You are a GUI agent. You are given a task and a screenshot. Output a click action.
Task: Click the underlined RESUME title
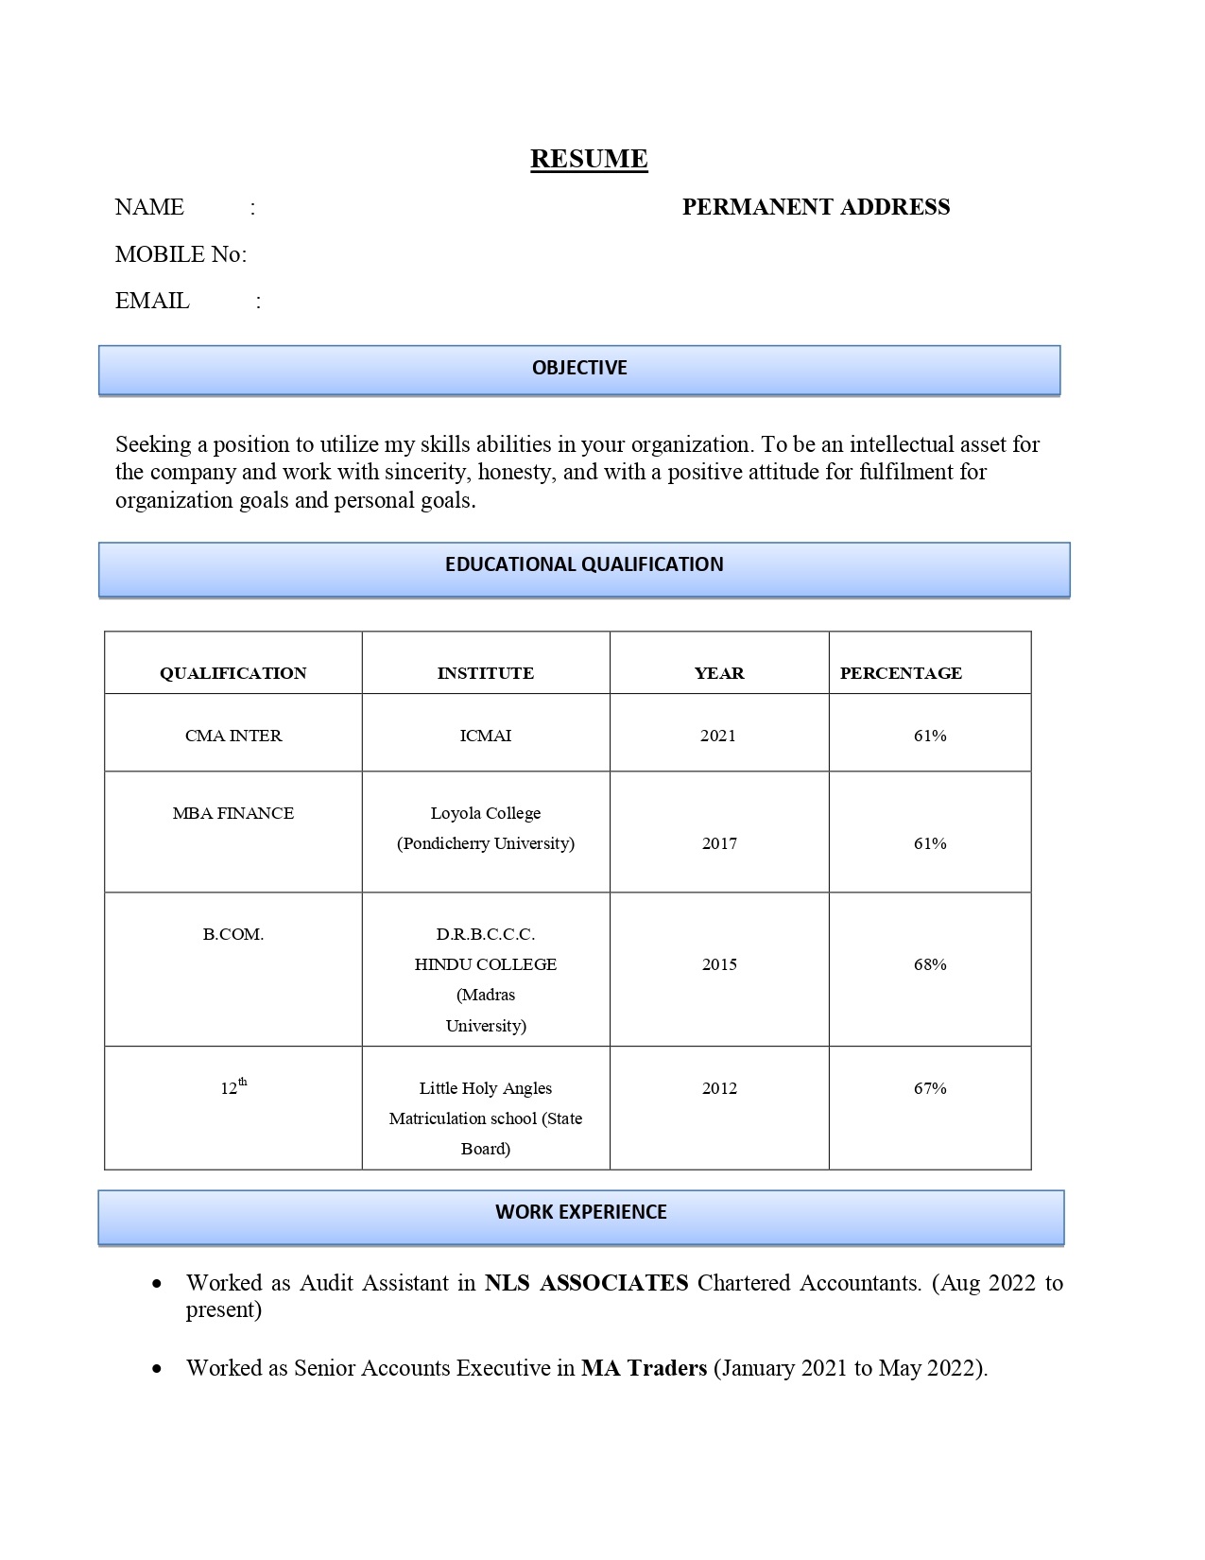pyautogui.click(x=589, y=158)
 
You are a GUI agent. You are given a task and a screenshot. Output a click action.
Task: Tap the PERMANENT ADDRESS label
pyautogui.click(x=816, y=207)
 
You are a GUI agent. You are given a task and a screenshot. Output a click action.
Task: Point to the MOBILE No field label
pyautogui.click(x=181, y=254)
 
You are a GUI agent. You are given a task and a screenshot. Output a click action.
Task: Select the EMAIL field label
pyautogui.click(x=152, y=301)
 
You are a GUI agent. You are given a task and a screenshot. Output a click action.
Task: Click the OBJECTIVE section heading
pyautogui.click(x=579, y=368)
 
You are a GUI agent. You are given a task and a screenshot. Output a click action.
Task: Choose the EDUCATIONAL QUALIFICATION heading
pyautogui.click(x=584, y=564)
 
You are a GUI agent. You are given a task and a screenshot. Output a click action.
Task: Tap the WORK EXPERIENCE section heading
pyautogui.click(x=580, y=1212)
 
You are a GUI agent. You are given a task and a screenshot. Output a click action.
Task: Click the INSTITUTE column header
pyautogui.click(x=485, y=673)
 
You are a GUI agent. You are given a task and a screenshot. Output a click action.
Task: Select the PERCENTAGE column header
pyautogui.click(x=901, y=673)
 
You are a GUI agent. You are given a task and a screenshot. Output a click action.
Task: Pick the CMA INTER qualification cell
pyautogui.click(x=233, y=736)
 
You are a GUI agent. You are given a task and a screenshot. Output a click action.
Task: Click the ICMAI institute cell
pyautogui.click(x=485, y=736)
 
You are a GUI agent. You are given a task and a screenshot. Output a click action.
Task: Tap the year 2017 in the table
pyautogui.click(x=719, y=843)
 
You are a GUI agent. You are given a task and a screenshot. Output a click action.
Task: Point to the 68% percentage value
pyautogui.click(x=930, y=964)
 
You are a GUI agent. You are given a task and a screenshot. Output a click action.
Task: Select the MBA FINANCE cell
pyautogui.click(x=233, y=813)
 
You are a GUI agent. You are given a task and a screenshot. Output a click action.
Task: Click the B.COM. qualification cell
pyautogui.click(x=233, y=934)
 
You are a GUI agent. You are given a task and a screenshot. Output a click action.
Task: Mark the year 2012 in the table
pyautogui.click(x=719, y=1088)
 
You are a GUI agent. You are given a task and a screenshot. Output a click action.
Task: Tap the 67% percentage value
pyautogui.click(x=930, y=1088)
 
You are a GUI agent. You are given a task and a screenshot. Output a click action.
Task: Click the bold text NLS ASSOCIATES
pyautogui.click(x=586, y=1283)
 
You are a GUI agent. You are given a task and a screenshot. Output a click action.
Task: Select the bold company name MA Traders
pyautogui.click(x=644, y=1368)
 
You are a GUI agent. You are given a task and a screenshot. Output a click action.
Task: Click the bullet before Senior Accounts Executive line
pyautogui.click(x=157, y=1369)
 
